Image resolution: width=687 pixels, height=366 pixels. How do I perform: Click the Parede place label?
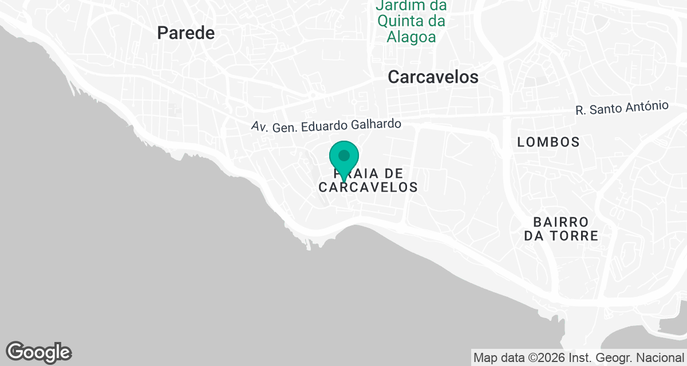186,33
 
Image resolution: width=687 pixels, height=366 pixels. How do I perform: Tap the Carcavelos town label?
433,77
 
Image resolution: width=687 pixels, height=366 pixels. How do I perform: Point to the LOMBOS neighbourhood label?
548,142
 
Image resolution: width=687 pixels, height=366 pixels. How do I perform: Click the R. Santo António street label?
622,108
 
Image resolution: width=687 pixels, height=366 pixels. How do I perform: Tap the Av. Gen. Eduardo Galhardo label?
326,125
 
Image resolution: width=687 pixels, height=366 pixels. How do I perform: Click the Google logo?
38,352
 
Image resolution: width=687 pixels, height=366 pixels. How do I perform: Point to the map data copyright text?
578,358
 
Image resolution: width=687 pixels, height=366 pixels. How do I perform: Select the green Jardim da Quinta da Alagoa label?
411,22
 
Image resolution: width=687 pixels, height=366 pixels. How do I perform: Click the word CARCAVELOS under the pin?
368,187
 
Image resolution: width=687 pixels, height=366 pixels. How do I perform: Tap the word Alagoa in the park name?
411,38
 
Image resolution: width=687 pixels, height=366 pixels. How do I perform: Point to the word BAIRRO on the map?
560,221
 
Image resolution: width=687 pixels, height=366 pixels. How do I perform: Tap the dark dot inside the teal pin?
344,155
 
